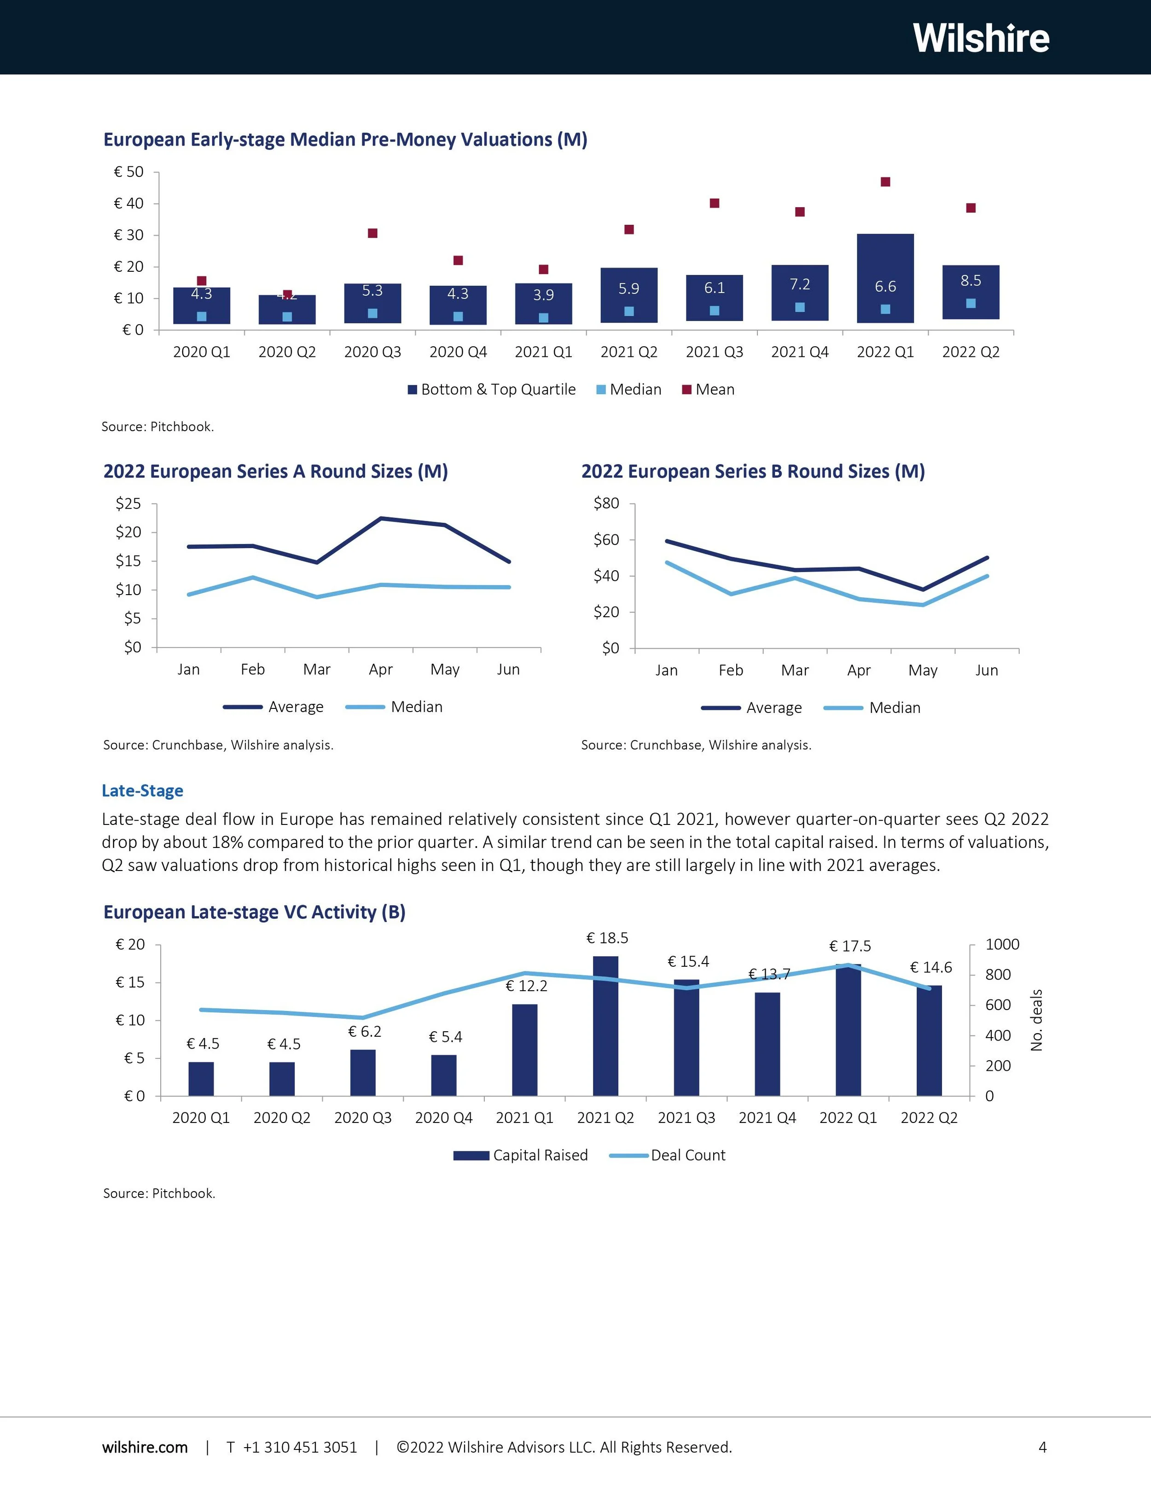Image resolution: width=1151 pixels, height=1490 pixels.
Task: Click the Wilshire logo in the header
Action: click(x=981, y=38)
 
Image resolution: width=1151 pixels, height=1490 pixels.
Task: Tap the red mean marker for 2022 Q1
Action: click(x=885, y=182)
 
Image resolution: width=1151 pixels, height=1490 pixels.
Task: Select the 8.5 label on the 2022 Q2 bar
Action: click(x=971, y=281)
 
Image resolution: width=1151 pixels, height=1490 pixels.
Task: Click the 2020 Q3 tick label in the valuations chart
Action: click(x=372, y=352)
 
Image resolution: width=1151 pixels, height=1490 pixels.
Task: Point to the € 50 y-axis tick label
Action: click(x=129, y=172)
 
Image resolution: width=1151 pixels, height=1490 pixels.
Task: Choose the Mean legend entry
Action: click(x=709, y=390)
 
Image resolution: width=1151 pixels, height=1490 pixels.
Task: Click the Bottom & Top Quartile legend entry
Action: click(x=492, y=390)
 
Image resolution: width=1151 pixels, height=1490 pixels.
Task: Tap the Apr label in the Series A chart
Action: click(x=380, y=669)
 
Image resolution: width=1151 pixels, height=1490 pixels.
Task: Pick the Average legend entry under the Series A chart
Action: click(x=274, y=707)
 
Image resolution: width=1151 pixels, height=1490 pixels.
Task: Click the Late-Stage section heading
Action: click(x=143, y=791)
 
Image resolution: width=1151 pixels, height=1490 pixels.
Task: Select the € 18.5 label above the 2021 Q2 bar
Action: click(x=607, y=939)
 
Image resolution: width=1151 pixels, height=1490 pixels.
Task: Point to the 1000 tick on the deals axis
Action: click(x=1002, y=945)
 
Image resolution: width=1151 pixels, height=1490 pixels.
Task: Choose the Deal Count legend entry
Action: click(x=668, y=1156)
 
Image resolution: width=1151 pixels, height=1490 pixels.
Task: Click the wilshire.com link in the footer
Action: click(x=145, y=1448)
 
